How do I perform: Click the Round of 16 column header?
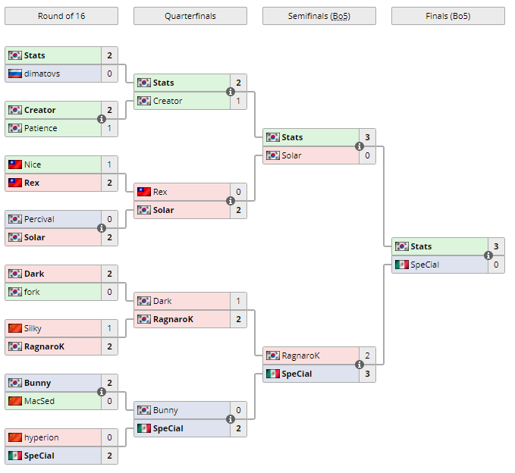[x=61, y=16]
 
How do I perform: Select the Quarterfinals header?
[x=190, y=16]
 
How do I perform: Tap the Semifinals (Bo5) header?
[x=319, y=16]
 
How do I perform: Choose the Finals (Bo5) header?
[x=447, y=16]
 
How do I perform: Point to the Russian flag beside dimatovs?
[x=15, y=74]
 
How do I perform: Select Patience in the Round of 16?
[x=40, y=128]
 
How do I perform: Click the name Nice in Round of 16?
[x=33, y=164]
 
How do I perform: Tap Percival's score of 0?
[x=109, y=219]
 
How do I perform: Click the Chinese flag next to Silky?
[x=15, y=328]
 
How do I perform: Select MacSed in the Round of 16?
[x=39, y=401]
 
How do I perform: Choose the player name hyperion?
[x=41, y=437]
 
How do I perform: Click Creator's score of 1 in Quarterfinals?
[x=238, y=101]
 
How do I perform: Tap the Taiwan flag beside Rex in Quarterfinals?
[x=144, y=192]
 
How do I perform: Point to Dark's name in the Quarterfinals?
[x=162, y=301]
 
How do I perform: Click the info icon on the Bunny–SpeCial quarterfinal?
[x=231, y=419]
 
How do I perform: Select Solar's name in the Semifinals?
[x=291, y=155]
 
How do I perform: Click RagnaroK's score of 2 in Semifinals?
[x=367, y=356]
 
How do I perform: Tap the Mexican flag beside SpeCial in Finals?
[x=402, y=265]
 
